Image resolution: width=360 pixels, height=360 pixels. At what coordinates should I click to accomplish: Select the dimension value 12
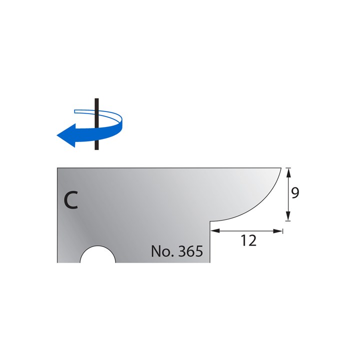click(x=248, y=241)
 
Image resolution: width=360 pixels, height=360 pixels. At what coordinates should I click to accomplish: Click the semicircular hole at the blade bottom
click(x=97, y=255)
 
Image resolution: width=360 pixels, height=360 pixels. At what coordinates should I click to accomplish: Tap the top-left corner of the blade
click(x=57, y=168)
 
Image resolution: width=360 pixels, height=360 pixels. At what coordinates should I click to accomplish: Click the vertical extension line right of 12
click(x=282, y=230)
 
